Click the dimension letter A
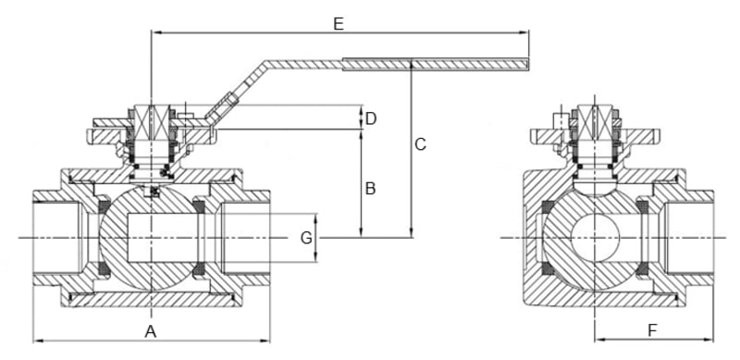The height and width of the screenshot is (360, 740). (150, 331)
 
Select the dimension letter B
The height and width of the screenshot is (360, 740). (371, 189)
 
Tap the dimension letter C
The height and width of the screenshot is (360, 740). (420, 144)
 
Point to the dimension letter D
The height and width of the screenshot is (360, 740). (371, 119)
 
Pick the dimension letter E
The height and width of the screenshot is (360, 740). (339, 24)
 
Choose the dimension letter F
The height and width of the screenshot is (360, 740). (652, 330)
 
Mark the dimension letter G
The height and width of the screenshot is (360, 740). (306, 238)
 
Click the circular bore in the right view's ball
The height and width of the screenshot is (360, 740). (595, 238)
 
